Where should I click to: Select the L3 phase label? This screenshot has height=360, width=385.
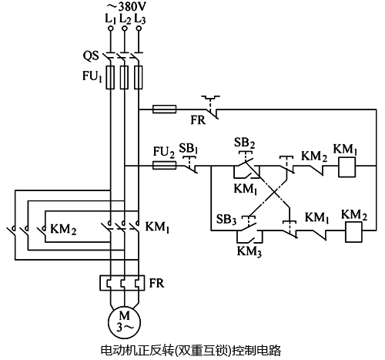click(x=139, y=19)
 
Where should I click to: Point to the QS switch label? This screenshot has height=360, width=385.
click(x=91, y=56)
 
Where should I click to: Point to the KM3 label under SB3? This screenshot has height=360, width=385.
click(x=248, y=251)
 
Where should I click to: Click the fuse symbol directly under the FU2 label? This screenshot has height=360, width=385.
click(x=164, y=165)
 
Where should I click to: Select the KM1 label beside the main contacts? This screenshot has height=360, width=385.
click(x=156, y=228)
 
